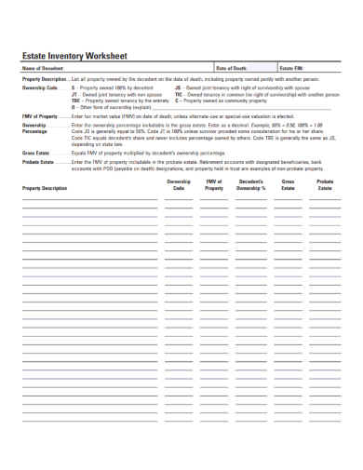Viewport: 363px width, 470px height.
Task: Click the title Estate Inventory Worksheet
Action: [x=74, y=56]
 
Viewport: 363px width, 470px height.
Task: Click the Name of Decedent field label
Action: [x=43, y=69]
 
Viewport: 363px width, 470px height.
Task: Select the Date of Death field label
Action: [x=232, y=69]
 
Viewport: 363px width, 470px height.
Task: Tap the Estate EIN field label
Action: [x=291, y=69]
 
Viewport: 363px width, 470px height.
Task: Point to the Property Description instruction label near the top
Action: [x=45, y=79]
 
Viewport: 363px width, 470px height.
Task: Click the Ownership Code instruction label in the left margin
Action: [x=40, y=87]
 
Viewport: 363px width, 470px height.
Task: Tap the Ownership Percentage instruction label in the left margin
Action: [x=34, y=128]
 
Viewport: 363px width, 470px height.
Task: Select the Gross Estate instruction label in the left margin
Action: [x=35, y=151]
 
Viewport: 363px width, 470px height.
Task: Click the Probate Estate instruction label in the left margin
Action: [x=38, y=161]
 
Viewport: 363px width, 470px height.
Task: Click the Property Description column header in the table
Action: [x=45, y=189]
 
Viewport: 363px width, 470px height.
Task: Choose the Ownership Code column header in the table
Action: [x=179, y=185]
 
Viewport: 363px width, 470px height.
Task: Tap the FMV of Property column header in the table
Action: [x=214, y=185]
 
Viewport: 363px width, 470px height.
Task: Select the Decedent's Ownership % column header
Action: [x=250, y=185]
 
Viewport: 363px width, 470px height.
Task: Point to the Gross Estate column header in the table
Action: [x=288, y=185]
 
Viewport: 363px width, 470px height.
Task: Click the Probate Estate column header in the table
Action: [x=324, y=185]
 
